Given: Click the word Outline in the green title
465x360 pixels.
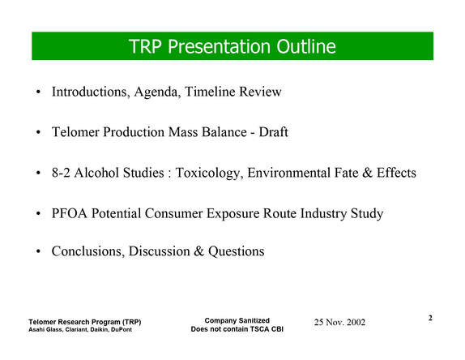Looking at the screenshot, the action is coord(306,46).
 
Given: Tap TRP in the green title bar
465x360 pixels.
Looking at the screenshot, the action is coord(145,46).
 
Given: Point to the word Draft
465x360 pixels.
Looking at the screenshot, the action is coord(273,132).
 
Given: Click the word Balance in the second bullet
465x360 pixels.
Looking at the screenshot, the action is coord(224,132).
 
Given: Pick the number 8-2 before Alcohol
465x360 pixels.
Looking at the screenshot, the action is coord(61,173).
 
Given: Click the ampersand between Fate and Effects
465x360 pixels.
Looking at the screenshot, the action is coord(367,173).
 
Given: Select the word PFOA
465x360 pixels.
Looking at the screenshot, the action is coord(70,213).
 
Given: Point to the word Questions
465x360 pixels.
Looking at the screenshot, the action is coord(236,251).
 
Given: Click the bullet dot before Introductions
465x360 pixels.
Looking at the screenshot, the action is coord(38,92).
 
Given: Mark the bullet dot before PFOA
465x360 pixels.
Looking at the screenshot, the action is coord(38,214).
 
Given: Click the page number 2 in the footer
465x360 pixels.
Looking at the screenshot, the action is coord(430,318).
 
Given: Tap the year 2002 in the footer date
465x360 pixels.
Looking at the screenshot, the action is coord(356,323).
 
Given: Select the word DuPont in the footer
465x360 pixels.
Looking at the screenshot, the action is coord(122,330).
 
